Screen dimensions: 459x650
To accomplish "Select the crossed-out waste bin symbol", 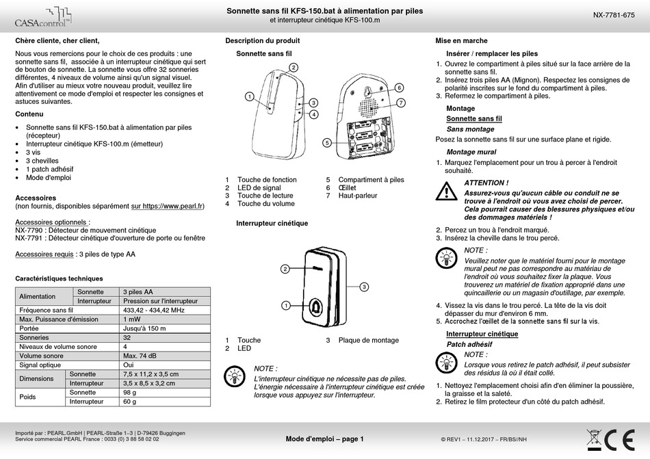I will [594, 437].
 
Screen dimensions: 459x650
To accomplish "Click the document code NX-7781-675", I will [613, 15].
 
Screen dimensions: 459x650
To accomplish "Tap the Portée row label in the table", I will [30, 328].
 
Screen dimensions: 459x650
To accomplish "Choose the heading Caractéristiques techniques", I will [59, 278].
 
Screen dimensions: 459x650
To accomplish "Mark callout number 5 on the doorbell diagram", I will [328, 142].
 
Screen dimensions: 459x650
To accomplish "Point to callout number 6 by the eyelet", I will [398, 88].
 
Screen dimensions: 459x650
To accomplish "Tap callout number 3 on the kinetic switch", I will [365, 286].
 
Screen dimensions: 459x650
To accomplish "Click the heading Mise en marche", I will [461, 40].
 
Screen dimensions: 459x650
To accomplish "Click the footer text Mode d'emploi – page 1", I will [324, 439].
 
